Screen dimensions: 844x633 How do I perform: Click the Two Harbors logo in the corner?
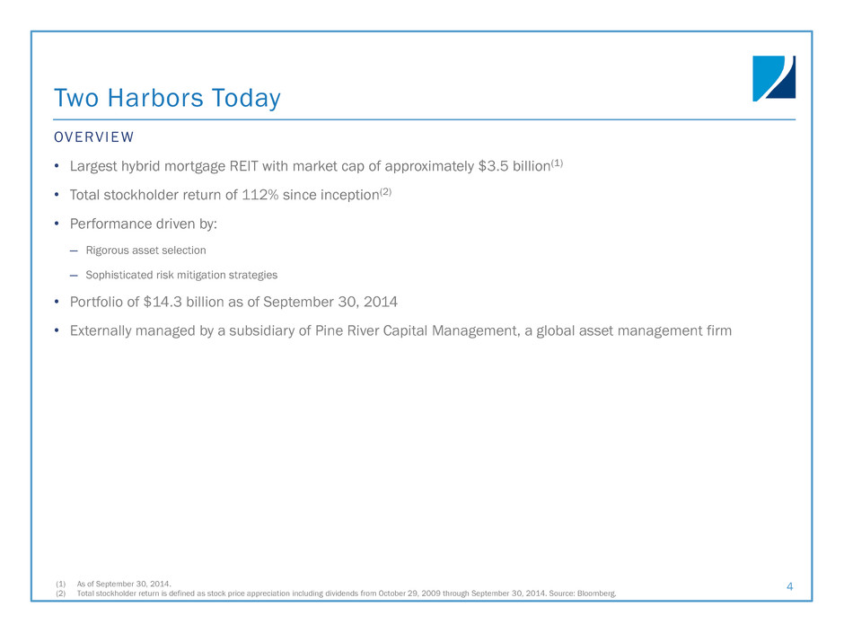(773, 78)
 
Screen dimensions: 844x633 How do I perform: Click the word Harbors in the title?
(155, 98)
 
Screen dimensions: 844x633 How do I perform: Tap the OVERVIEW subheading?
(93, 137)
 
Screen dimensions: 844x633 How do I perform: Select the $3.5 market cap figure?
(493, 166)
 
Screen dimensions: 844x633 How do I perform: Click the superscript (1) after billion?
(557, 163)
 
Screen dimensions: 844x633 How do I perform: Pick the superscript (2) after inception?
(385, 191)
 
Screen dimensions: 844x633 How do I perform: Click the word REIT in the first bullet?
(244, 166)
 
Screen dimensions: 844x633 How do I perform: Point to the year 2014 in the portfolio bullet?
(381, 302)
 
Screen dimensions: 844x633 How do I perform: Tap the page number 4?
(789, 586)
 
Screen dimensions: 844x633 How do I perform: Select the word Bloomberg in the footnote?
(596, 593)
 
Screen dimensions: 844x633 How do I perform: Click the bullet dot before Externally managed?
(57, 330)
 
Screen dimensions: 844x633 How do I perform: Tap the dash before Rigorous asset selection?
(74, 251)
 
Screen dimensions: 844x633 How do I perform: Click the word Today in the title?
(246, 99)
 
